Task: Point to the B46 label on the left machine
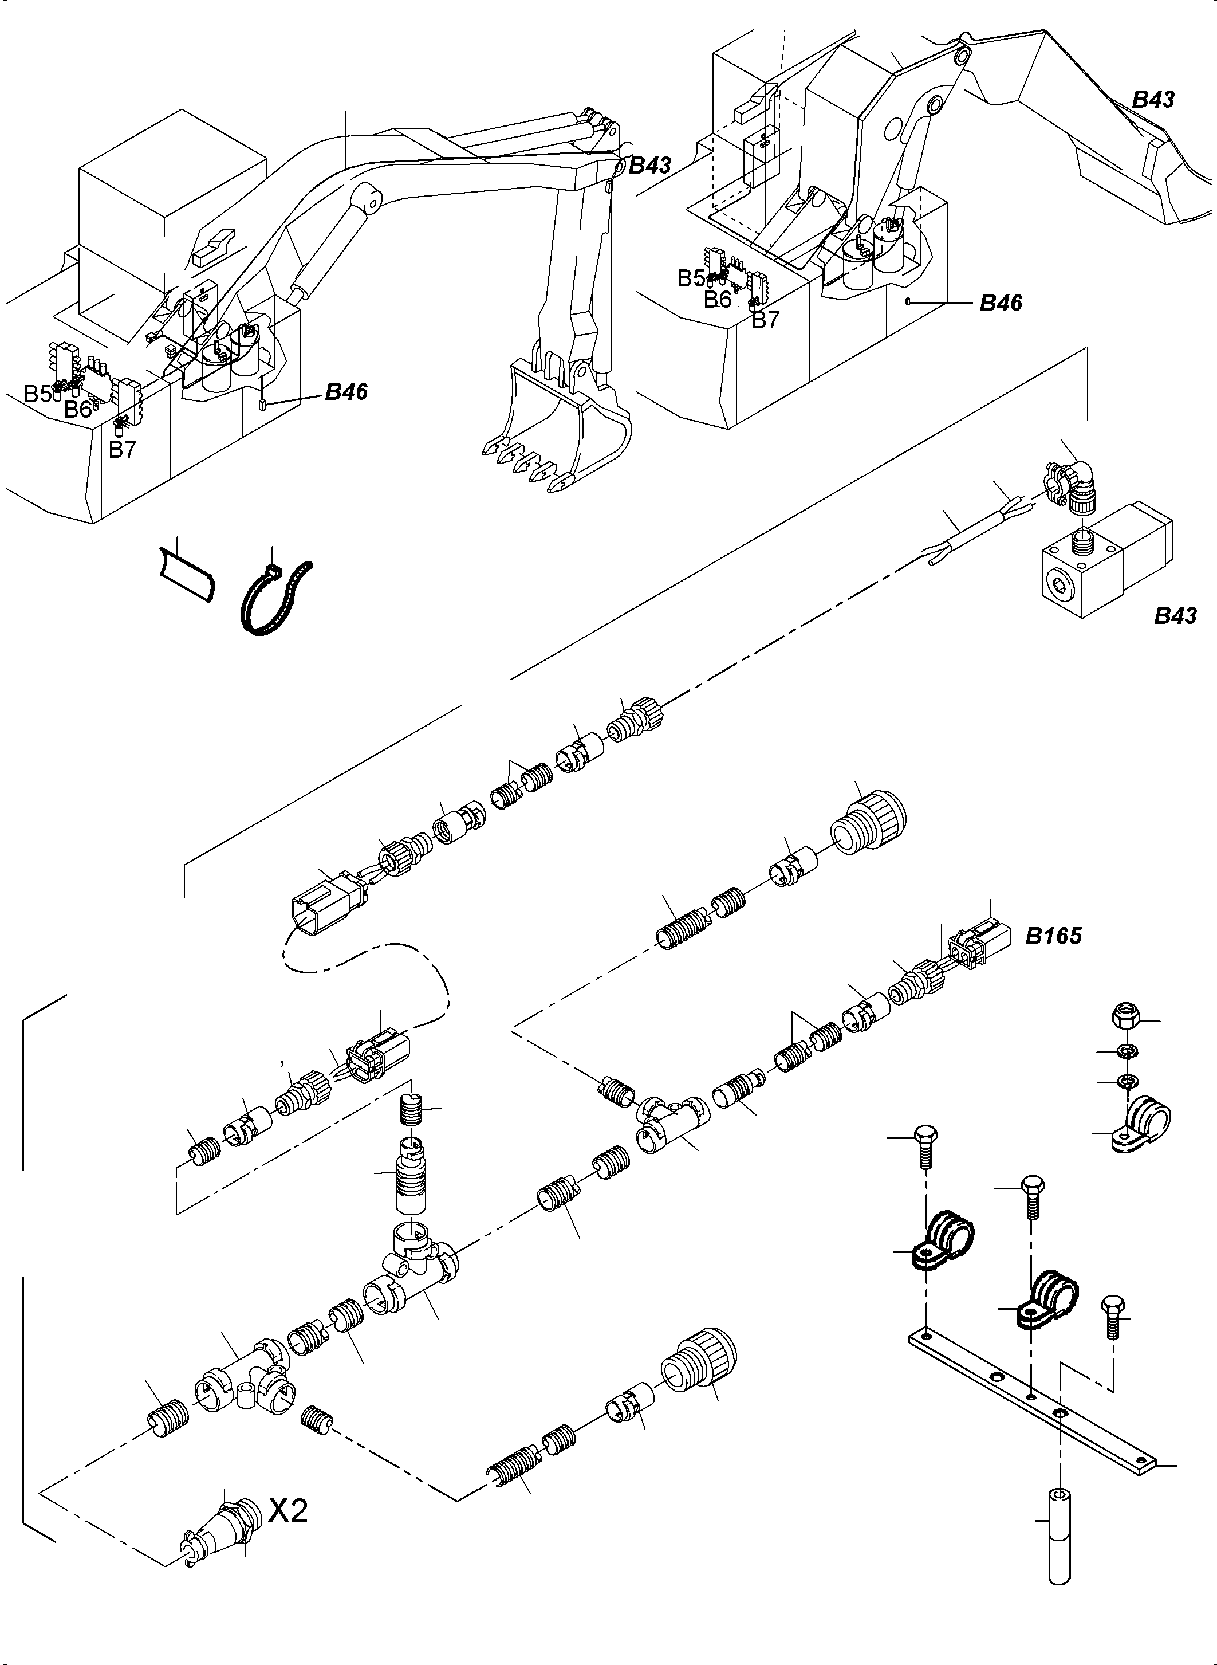pyautogui.click(x=346, y=392)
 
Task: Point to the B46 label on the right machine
pyautogui.click(x=1001, y=303)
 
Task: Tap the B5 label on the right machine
pyautogui.click(x=690, y=278)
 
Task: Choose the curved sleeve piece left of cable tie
pyautogui.click(x=188, y=574)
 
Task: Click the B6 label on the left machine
pyautogui.click(x=77, y=409)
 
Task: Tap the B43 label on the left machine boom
pyautogui.click(x=650, y=166)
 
